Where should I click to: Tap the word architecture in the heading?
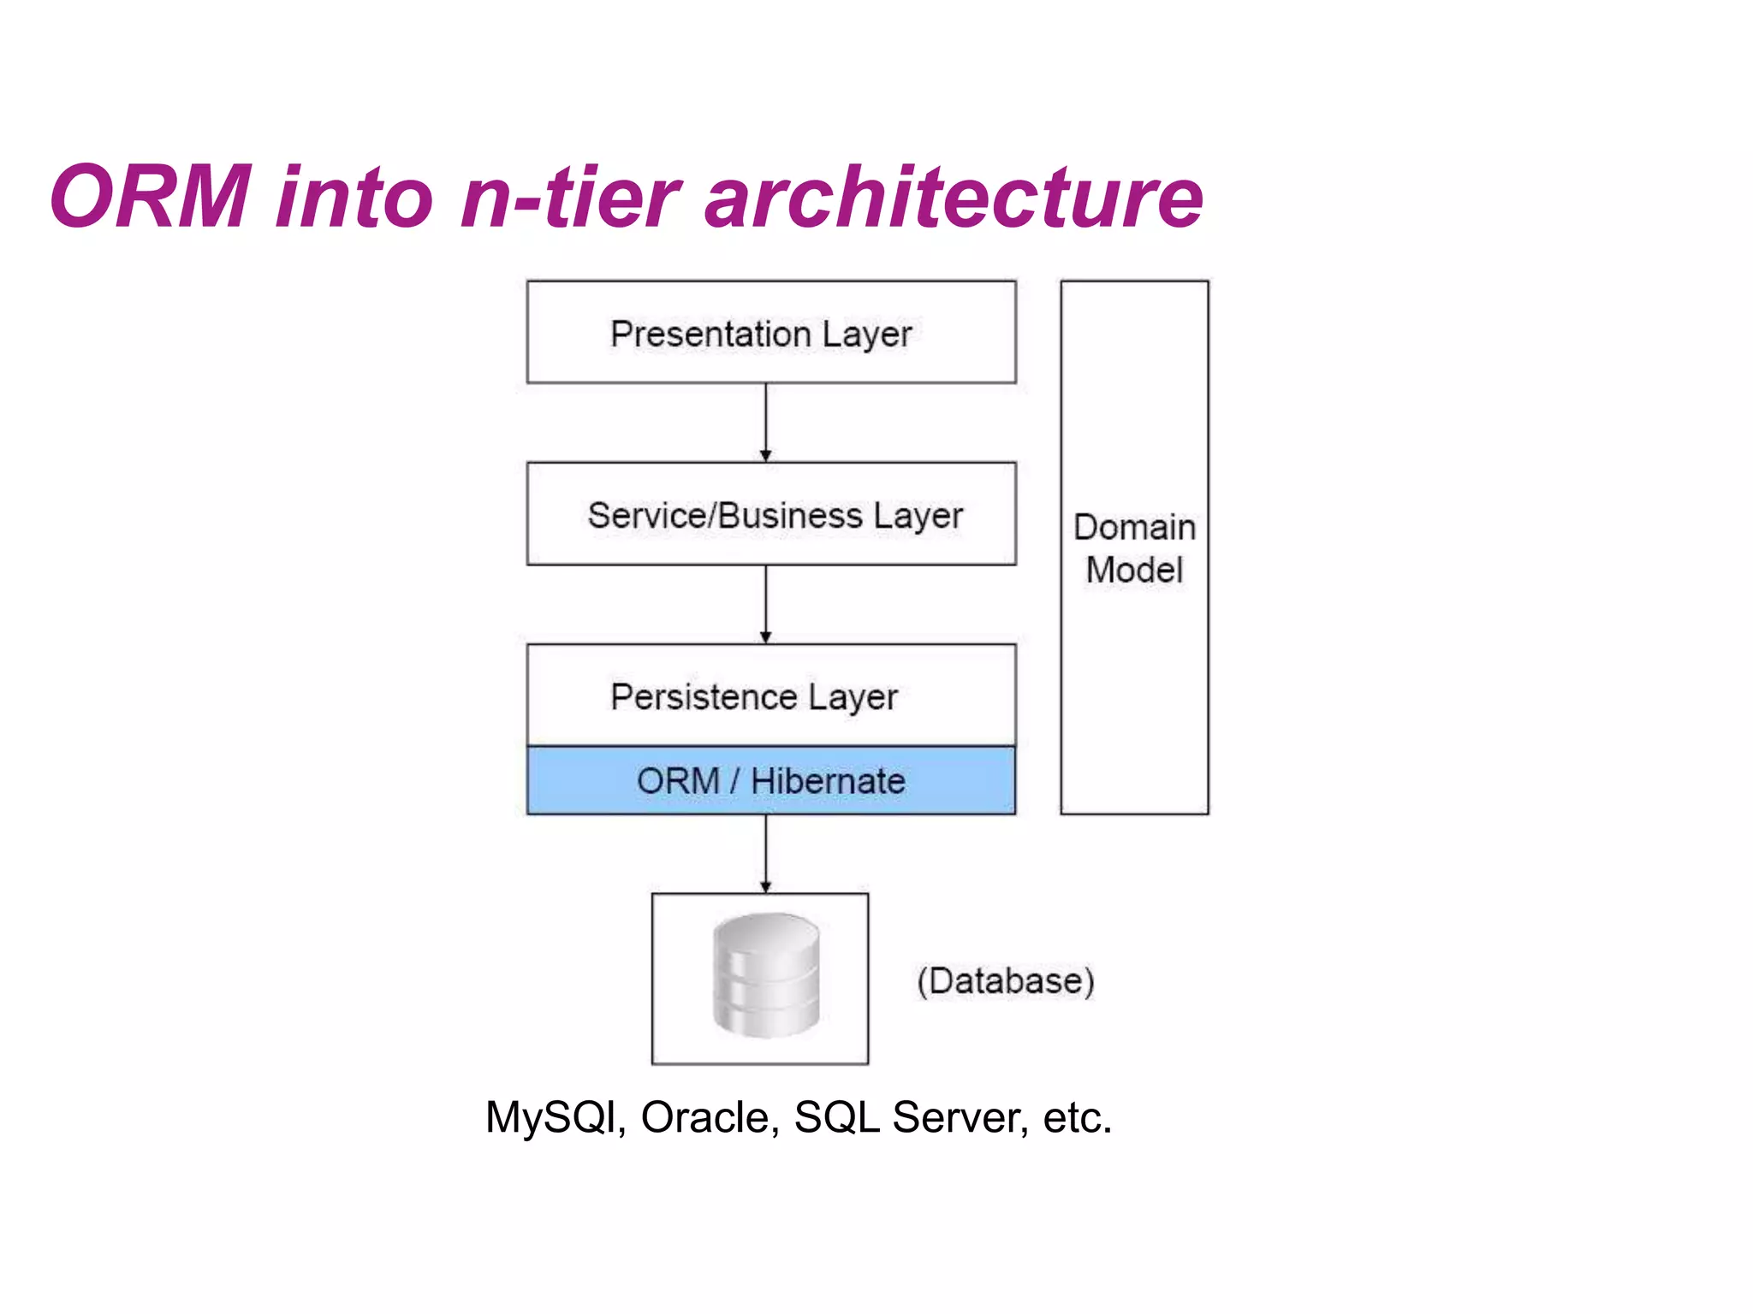(x=954, y=198)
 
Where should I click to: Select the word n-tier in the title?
(x=569, y=198)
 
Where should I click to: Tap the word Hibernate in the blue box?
(x=828, y=781)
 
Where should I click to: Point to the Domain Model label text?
(x=1134, y=548)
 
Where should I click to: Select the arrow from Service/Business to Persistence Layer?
(x=765, y=604)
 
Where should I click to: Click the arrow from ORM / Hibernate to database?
(x=765, y=853)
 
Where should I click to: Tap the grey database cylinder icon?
(x=765, y=975)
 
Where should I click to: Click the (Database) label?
(x=1006, y=980)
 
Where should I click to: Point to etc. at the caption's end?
(x=1077, y=1117)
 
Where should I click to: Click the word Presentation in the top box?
(x=710, y=334)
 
